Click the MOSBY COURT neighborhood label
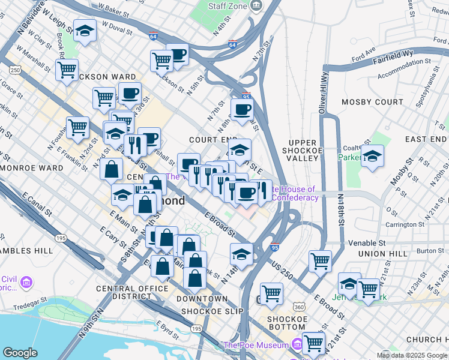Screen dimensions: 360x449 372,102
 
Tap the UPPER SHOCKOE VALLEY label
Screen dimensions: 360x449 302,150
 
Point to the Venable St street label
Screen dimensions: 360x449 367,244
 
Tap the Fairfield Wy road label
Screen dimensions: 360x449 393,57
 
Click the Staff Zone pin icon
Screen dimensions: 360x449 257,6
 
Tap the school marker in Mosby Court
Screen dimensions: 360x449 372,157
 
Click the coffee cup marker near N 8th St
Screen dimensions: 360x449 242,110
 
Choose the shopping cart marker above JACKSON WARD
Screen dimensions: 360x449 67,69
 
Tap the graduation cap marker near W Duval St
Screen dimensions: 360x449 85,31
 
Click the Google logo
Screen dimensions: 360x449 20,353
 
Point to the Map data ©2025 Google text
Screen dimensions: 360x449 411,355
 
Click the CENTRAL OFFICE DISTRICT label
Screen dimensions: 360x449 132,293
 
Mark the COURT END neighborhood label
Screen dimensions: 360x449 209,139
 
